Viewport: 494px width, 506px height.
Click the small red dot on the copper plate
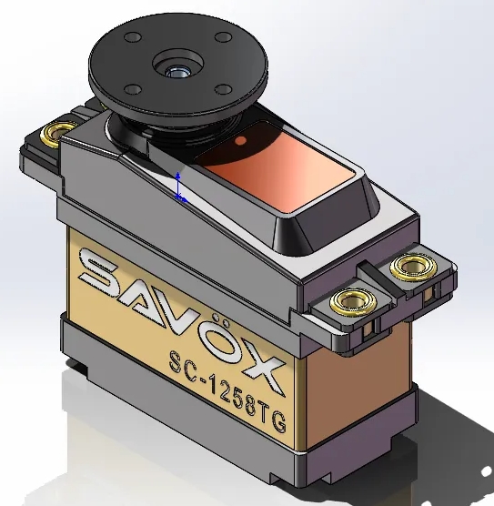[240, 142]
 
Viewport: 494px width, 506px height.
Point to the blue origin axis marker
[179, 186]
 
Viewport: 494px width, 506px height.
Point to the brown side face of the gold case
[337, 391]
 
